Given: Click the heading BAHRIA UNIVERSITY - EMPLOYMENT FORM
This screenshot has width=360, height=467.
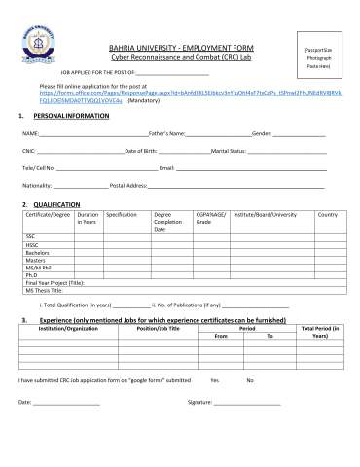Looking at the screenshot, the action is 180,47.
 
